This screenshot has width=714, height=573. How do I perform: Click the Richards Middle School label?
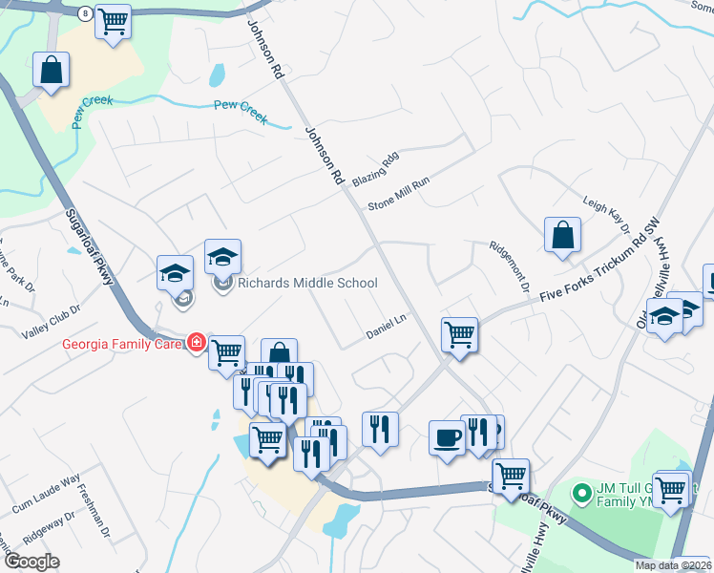[x=307, y=283]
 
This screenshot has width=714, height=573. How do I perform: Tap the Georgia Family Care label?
[x=123, y=343]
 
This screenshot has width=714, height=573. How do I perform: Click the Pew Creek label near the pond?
[x=239, y=107]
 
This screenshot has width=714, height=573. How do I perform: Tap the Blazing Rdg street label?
[x=374, y=169]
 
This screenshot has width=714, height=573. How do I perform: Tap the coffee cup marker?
[x=447, y=436]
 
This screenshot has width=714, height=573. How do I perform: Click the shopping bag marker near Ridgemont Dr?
[x=562, y=235]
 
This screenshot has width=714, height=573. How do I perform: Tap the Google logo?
[x=32, y=562]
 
